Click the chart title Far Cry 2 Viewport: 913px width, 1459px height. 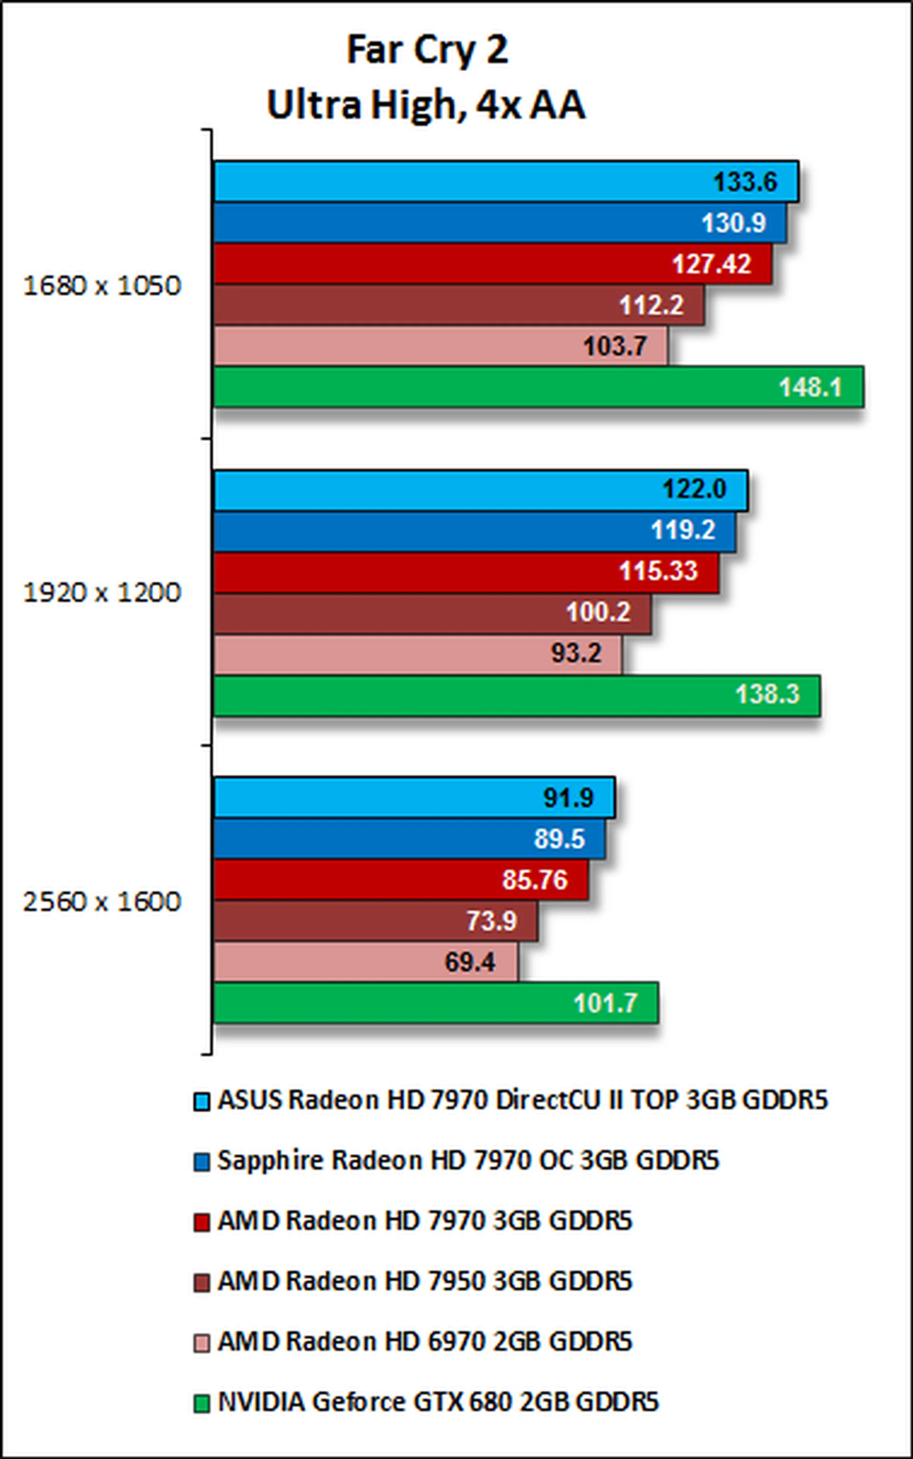point(427,49)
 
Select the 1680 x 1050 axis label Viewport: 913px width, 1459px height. point(101,285)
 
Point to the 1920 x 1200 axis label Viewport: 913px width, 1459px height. point(101,592)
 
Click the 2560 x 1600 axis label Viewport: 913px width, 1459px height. point(101,901)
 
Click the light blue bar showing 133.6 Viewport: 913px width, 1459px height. point(506,181)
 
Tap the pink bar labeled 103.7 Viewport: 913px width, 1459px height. point(441,346)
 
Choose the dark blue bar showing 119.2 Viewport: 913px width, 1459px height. point(474,531)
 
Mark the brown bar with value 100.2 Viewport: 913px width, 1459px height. point(432,613)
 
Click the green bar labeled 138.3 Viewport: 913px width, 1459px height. point(516,695)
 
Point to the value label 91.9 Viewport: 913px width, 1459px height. point(568,798)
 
